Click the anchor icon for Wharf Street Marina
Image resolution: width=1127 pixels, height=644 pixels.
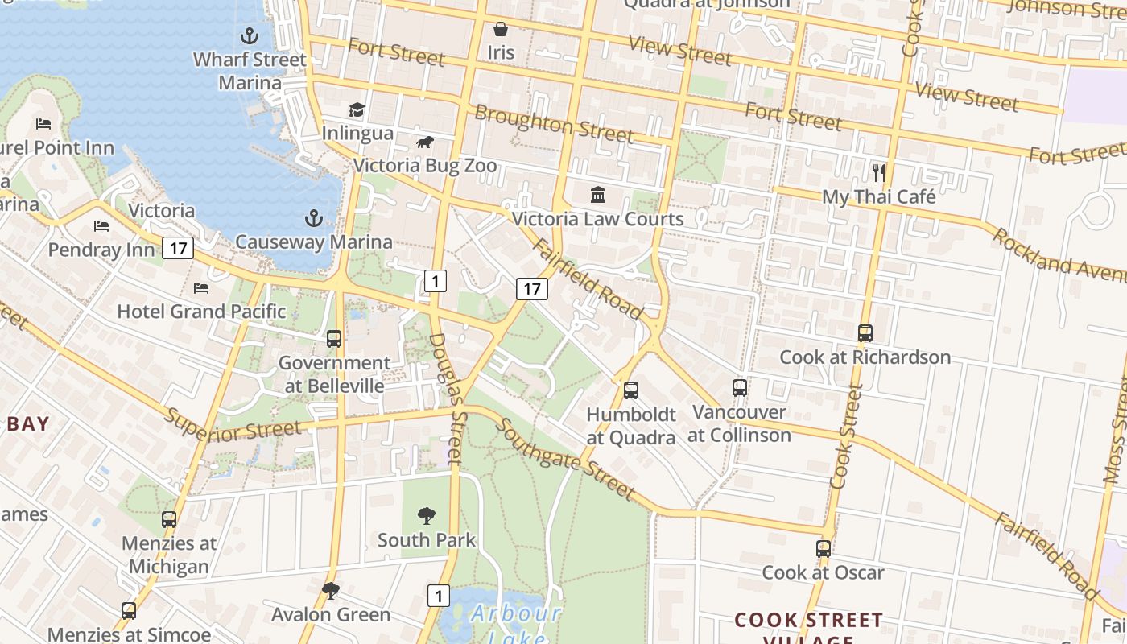(x=250, y=35)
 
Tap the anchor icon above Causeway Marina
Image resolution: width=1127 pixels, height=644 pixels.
(x=314, y=218)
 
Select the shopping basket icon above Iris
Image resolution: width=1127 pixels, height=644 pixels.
(x=501, y=30)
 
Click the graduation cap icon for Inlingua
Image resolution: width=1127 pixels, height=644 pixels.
(x=357, y=109)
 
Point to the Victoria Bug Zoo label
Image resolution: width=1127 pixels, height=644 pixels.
(x=425, y=166)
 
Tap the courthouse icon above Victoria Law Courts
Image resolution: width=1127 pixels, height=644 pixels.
(x=598, y=195)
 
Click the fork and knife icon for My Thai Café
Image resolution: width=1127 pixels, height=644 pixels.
(x=879, y=172)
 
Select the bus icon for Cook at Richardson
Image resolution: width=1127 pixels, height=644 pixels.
(x=865, y=332)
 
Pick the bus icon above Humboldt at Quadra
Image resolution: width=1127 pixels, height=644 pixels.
(x=631, y=390)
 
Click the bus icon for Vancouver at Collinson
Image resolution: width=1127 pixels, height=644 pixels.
(x=740, y=388)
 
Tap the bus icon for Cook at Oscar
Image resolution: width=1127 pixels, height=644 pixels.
(x=824, y=549)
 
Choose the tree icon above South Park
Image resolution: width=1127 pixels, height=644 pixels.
(x=427, y=516)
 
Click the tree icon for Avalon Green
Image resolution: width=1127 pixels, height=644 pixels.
(x=330, y=592)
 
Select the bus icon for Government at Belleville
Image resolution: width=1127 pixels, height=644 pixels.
(x=334, y=339)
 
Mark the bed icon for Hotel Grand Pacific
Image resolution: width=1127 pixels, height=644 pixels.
(x=201, y=287)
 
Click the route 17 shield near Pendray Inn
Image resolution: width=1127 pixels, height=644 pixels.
(x=178, y=248)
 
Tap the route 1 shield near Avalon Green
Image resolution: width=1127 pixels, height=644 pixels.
(x=438, y=596)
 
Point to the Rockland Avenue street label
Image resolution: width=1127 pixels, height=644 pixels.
(x=1059, y=256)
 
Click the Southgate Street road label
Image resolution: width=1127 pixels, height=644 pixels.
(x=564, y=459)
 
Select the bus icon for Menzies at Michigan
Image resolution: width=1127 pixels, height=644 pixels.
(x=169, y=519)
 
